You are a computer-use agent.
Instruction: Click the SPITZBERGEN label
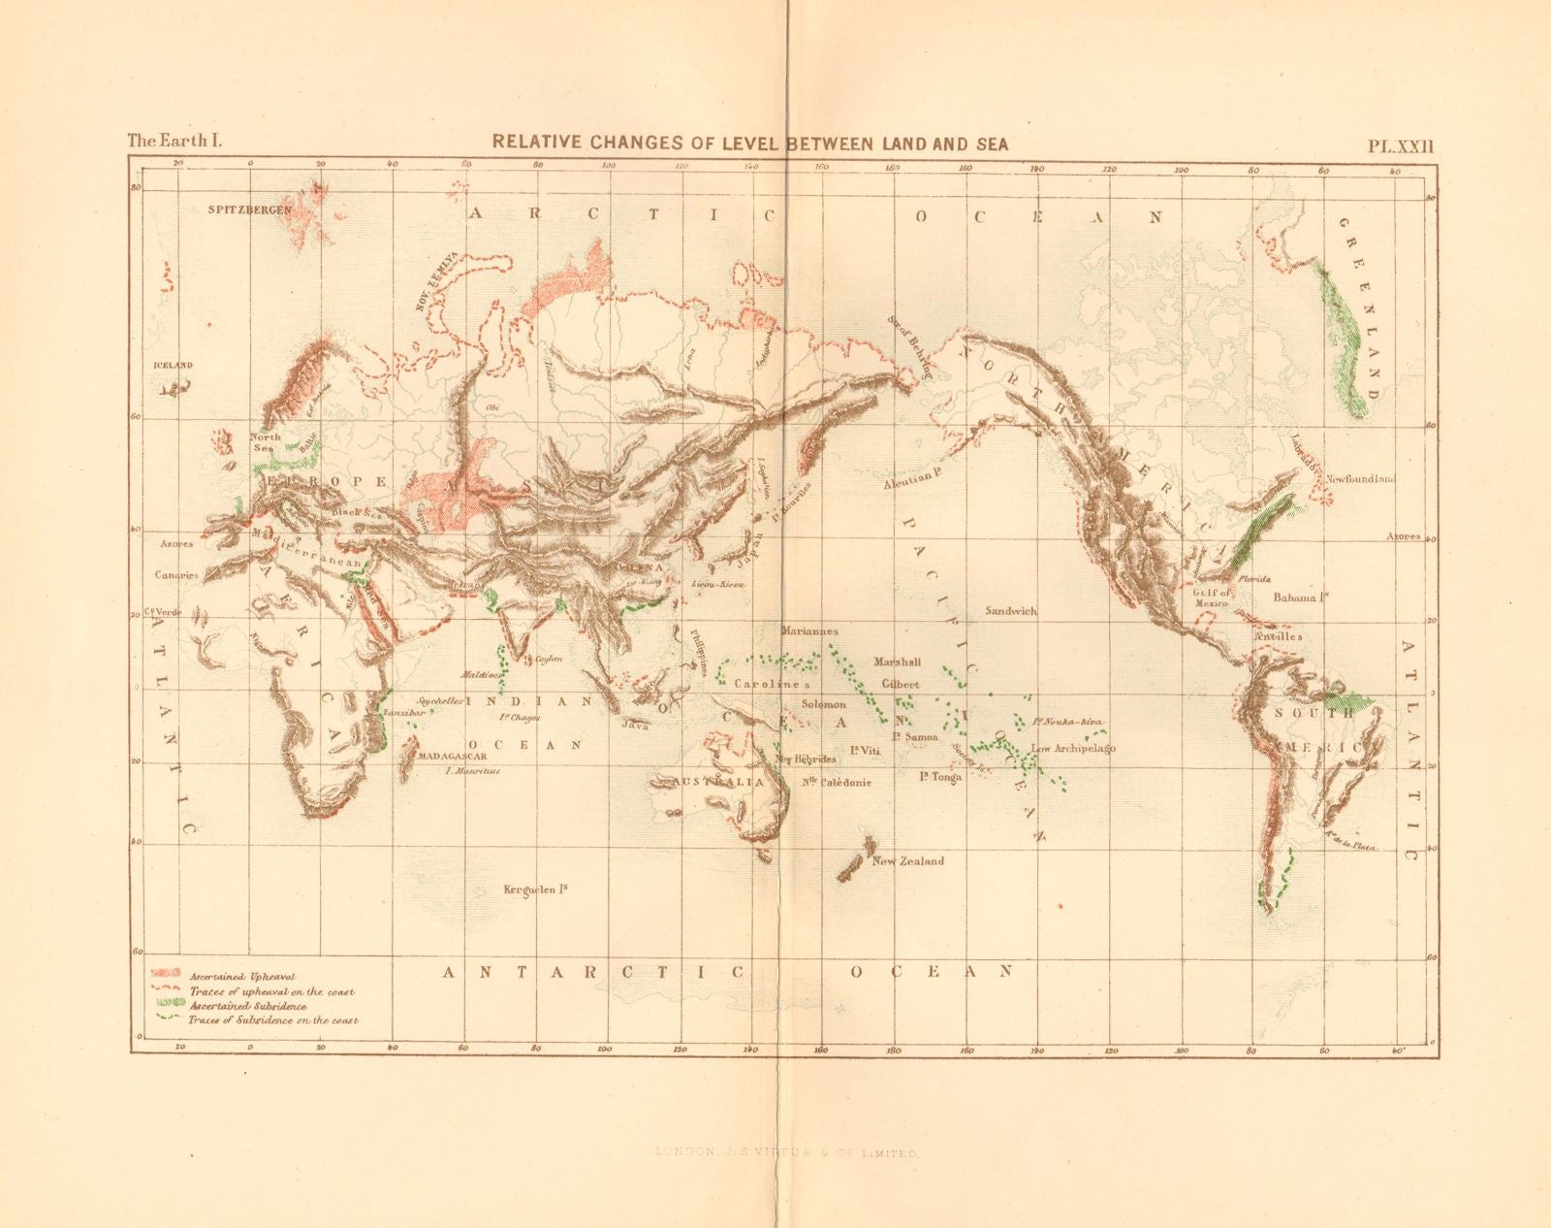(x=250, y=210)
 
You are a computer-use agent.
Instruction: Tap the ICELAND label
(x=174, y=366)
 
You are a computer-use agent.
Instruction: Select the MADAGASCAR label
(x=451, y=756)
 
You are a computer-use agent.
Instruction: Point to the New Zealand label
(x=907, y=861)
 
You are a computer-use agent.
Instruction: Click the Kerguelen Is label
(x=535, y=889)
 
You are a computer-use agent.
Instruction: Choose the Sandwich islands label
(x=1011, y=611)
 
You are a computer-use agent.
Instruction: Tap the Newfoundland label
(x=1360, y=479)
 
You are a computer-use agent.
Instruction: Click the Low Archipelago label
(x=1073, y=749)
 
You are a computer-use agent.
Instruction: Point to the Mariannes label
(x=808, y=631)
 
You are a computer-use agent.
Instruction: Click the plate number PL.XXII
(x=1399, y=146)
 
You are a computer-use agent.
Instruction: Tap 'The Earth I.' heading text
(x=174, y=141)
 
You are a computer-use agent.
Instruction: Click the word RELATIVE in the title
(x=536, y=143)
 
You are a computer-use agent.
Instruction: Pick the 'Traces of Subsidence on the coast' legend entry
(x=273, y=1020)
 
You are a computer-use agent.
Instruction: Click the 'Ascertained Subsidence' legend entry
(x=248, y=1007)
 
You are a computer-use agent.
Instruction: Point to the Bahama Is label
(x=1300, y=598)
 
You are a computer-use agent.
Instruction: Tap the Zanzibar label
(x=404, y=712)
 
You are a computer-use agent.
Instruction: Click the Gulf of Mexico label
(x=1212, y=598)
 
